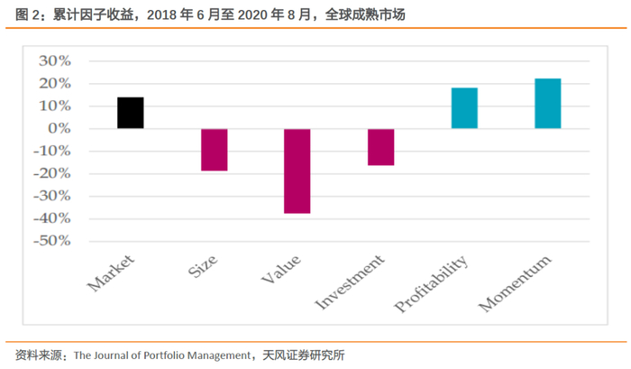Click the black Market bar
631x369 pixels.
(130, 113)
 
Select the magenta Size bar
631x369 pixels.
(214, 150)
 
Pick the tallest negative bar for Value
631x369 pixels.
(297, 171)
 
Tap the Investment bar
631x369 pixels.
(380, 147)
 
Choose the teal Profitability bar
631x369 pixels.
(464, 108)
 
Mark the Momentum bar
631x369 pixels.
(547, 104)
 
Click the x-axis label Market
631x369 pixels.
(112, 273)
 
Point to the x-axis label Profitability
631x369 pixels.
(433, 283)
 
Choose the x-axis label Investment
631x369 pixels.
(352, 281)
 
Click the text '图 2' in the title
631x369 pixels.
(30, 14)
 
